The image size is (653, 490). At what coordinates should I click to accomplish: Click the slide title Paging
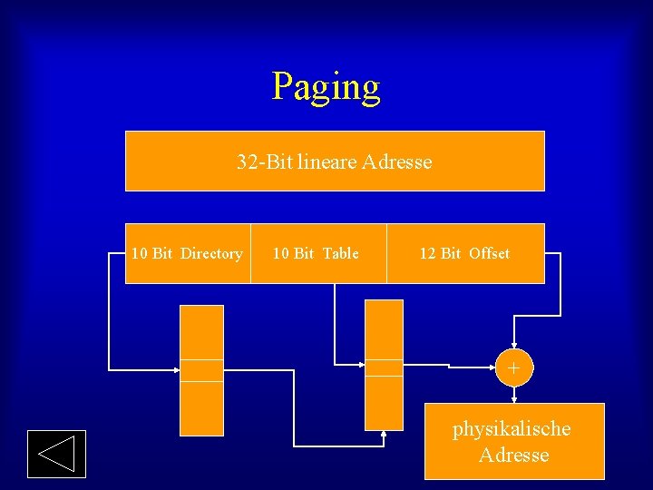coord(326,87)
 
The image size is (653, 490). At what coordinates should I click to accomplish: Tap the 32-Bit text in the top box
coord(264,162)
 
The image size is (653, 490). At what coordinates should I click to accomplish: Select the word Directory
coord(211,254)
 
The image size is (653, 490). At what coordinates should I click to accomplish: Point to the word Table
coord(340,254)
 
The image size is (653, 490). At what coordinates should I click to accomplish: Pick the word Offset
coord(489,254)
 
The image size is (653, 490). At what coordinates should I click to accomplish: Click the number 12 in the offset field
coord(428,254)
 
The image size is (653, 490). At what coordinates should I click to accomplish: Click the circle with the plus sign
coord(514,368)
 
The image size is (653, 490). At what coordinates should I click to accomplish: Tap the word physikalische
coord(512,428)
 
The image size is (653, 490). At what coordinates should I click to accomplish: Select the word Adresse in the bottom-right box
coord(514,455)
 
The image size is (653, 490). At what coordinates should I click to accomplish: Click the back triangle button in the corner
coord(56,454)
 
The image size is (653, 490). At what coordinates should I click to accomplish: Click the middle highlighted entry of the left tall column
coord(201,370)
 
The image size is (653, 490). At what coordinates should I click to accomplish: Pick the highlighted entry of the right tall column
coord(384,367)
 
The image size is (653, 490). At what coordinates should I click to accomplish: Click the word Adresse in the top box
coord(397,162)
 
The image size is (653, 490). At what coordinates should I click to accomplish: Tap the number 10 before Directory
coord(140,254)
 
